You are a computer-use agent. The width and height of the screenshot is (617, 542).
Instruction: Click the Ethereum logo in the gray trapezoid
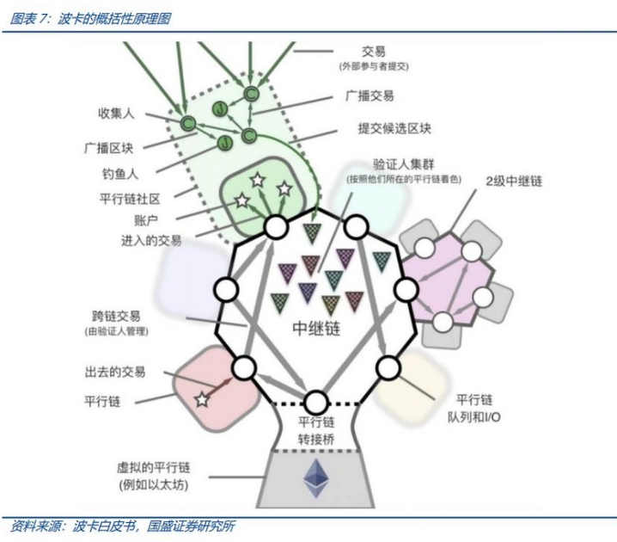click(316, 477)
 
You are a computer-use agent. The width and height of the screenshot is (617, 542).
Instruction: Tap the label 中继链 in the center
click(316, 328)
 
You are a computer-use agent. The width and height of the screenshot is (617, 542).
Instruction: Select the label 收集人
click(116, 114)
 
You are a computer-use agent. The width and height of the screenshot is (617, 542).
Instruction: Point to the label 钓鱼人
click(120, 174)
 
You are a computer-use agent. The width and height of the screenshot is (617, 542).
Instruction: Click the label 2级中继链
click(514, 182)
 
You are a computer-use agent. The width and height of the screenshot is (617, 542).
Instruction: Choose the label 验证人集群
click(403, 164)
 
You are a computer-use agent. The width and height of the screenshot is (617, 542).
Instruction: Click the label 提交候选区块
click(394, 128)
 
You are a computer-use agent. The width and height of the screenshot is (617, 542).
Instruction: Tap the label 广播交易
click(370, 95)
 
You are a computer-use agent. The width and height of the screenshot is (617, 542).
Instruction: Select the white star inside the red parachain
click(202, 400)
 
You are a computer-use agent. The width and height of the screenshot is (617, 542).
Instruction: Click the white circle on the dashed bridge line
click(316, 403)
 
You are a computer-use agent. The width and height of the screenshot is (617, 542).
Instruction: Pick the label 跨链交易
click(116, 317)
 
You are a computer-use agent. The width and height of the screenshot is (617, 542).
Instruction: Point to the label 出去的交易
click(115, 372)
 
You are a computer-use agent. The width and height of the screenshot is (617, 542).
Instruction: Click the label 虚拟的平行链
click(154, 467)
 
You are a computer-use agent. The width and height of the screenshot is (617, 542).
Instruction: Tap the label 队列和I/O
click(473, 417)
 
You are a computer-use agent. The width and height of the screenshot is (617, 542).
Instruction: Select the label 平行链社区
click(130, 199)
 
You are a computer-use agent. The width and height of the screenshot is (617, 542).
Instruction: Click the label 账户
click(146, 220)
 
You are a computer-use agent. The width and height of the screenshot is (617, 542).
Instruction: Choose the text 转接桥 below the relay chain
click(316, 440)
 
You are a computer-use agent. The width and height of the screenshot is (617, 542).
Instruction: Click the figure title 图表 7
click(28, 19)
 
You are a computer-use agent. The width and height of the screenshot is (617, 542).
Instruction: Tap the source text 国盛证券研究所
click(191, 527)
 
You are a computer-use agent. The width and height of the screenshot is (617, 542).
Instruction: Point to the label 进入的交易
click(151, 240)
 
